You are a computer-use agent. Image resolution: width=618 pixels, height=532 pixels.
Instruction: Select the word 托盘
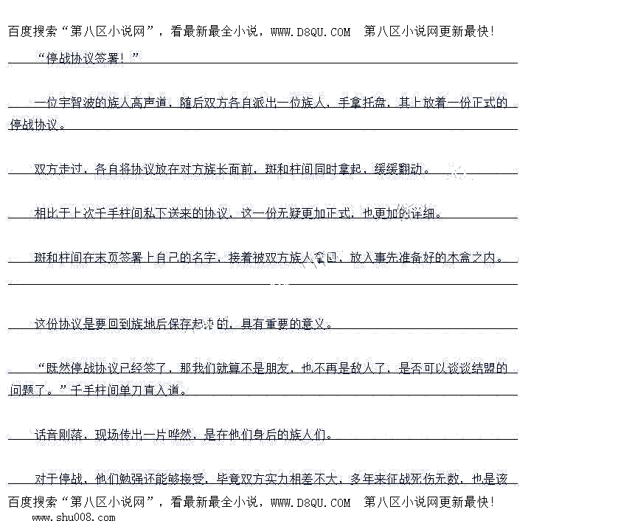tap(377, 103)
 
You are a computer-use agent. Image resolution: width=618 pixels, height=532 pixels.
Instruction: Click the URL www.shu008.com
tap(73, 518)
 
